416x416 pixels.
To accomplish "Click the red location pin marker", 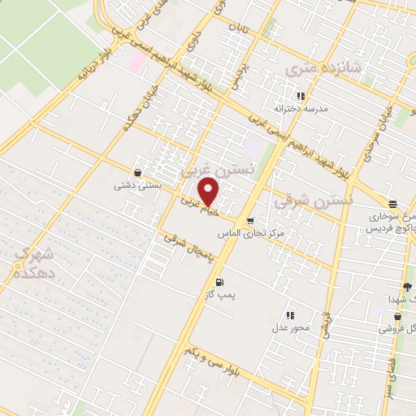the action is [x=210, y=191].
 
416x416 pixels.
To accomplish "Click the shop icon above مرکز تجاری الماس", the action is [x=250, y=220].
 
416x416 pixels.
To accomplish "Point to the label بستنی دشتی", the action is [x=139, y=185].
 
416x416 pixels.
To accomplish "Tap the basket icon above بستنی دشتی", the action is [x=139, y=173].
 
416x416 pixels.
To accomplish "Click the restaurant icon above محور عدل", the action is [x=288, y=315].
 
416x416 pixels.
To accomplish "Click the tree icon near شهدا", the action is [x=407, y=288].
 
